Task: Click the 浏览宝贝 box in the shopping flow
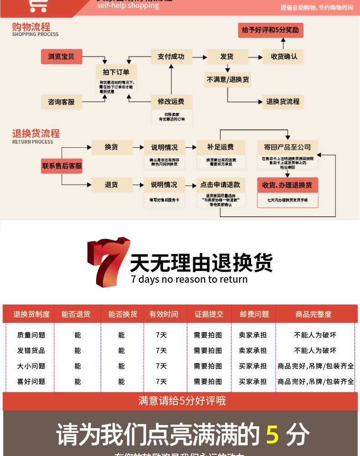coord(61,57)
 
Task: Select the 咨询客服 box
coord(61,102)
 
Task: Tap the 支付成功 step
coord(171,57)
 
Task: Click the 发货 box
coord(227,57)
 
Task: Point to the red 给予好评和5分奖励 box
coord(270,30)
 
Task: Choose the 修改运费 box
coord(171,101)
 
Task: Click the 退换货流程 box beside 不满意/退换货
coord(283,101)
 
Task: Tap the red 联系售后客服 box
coord(62,166)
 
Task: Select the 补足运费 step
coord(221,147)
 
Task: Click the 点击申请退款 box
coord(221,185)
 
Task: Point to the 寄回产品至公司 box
coord(287,147)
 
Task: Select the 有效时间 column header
coord(164,314)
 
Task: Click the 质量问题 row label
coord(31,335)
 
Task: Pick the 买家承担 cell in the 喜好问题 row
coord(253,382)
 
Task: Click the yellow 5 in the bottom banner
coord(272,434)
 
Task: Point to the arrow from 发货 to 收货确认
coord(255,57)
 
